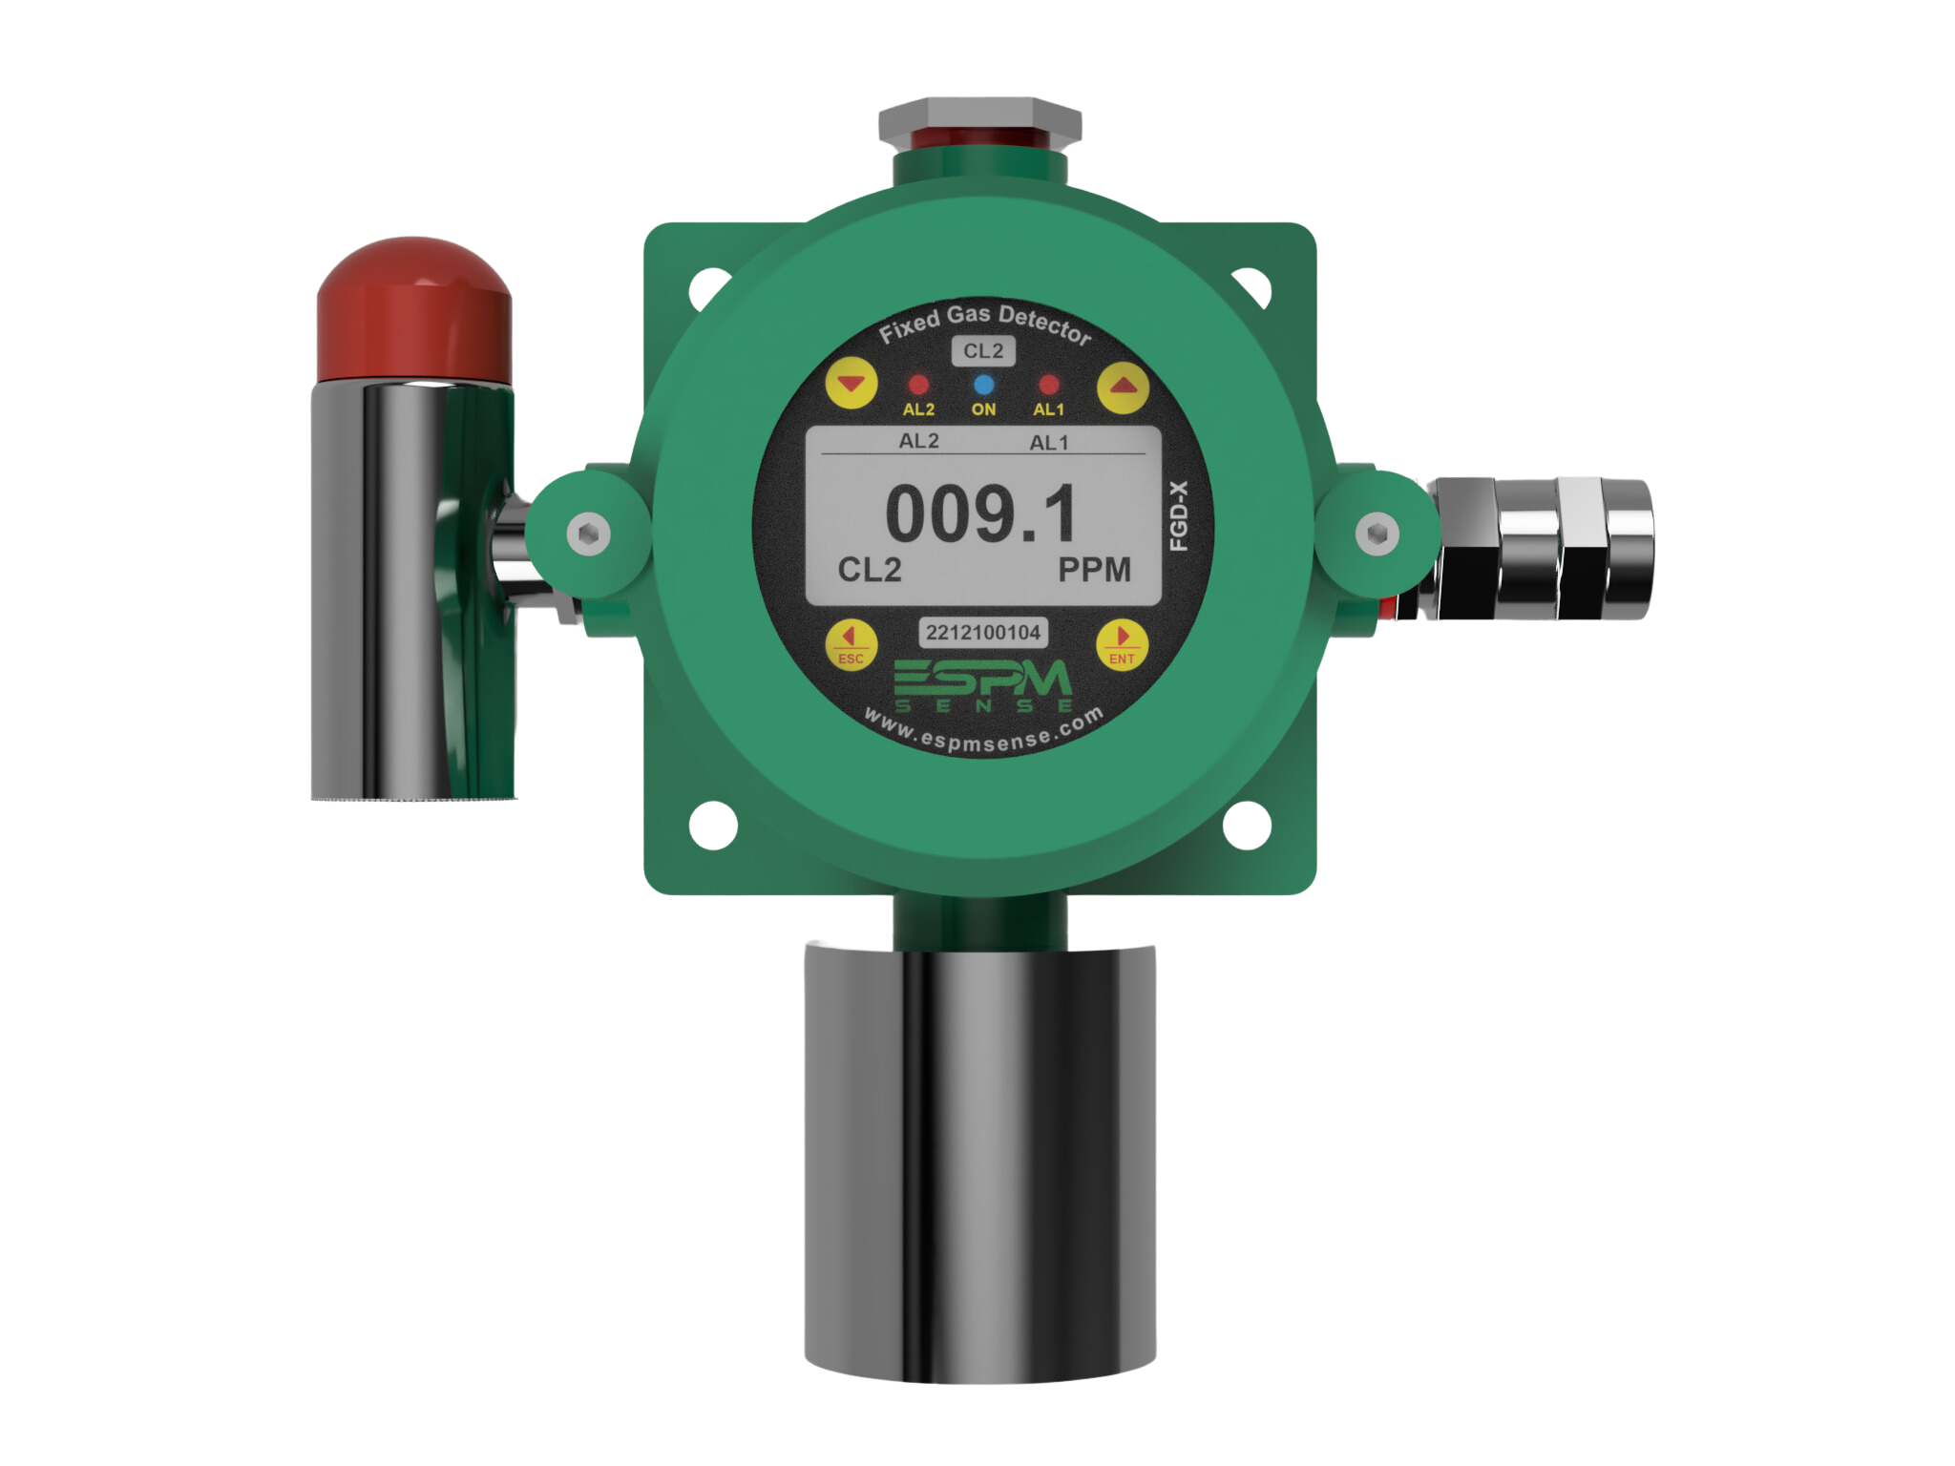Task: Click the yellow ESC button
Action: pos(850,643)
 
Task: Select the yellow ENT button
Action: pos(1122,643)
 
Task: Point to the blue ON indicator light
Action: pos(983,385)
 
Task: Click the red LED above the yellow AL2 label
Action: pos(918,386)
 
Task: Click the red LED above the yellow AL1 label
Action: pos(1048,385)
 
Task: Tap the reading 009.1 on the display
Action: pos(981,513)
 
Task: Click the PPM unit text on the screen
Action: pos(1094,570)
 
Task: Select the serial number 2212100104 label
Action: pos(983,632)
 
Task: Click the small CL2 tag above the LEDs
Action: pos(983,351)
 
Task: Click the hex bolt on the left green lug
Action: pos(585,533)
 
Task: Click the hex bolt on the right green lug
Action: pos(1376,533)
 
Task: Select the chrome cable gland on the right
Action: pos(1546,550)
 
